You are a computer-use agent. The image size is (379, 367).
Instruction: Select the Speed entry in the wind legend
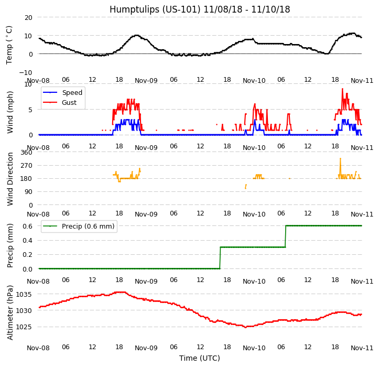point(72,93)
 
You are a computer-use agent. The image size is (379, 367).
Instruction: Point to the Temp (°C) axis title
point(9,45)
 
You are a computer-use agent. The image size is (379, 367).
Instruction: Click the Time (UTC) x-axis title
point(199,359)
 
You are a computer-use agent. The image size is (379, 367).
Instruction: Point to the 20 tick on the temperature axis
point(28,17)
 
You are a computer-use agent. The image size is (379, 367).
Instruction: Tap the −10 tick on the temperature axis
point(26,72)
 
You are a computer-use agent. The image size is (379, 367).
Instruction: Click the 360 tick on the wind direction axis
point(26,152)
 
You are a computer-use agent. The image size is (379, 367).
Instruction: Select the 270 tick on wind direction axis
point(26,165)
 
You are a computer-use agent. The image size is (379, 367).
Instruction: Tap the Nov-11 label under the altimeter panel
point(362,348)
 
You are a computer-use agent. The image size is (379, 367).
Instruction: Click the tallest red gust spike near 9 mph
point(342,89)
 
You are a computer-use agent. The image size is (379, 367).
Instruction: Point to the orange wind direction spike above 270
point(340,159)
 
